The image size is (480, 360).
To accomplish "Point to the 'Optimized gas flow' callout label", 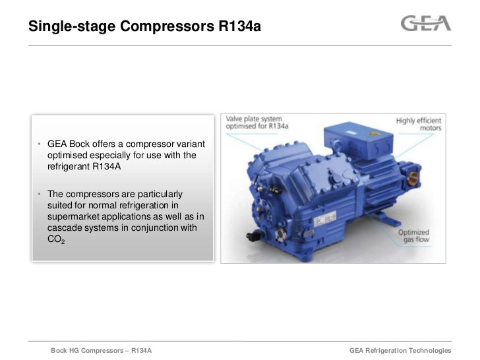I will click(x=415, y=237).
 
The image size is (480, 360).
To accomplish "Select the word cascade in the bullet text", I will click(x=65, y=229).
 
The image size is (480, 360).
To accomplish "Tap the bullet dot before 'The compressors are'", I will click(x=40, y=195).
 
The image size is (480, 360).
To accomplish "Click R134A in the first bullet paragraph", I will click(x=102, y=167).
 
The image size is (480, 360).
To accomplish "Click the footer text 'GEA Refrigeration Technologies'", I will click(x=400, y=350).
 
